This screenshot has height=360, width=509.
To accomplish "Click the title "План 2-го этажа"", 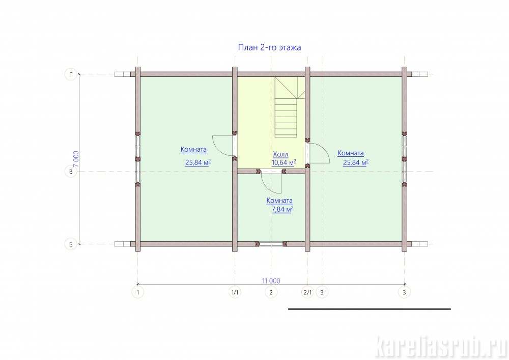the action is point(269,47).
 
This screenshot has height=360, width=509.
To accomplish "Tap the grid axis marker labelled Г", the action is point(71,74).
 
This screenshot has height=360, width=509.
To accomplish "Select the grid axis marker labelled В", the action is point(71,172).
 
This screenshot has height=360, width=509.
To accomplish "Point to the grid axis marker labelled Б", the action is point(71,244).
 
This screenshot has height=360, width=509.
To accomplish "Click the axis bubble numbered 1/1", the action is point(235,292).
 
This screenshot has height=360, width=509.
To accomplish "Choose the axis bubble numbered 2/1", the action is point(307,292).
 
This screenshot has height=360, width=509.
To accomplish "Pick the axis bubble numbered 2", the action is point(271,292).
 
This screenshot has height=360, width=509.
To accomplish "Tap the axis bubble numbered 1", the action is point(137,292).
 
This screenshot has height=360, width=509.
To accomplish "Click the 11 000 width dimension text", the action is point(271,281).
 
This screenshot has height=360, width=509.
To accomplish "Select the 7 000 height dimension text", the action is point(76,159).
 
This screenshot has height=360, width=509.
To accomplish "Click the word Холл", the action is point(280,154).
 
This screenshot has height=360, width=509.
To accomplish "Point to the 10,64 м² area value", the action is point(284,162).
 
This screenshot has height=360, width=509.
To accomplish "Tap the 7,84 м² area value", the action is point(282,209).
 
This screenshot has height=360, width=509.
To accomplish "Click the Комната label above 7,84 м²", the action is point(279,201).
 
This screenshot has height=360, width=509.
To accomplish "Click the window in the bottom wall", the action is point(271,244).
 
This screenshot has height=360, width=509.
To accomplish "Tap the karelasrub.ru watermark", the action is point(441,347).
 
